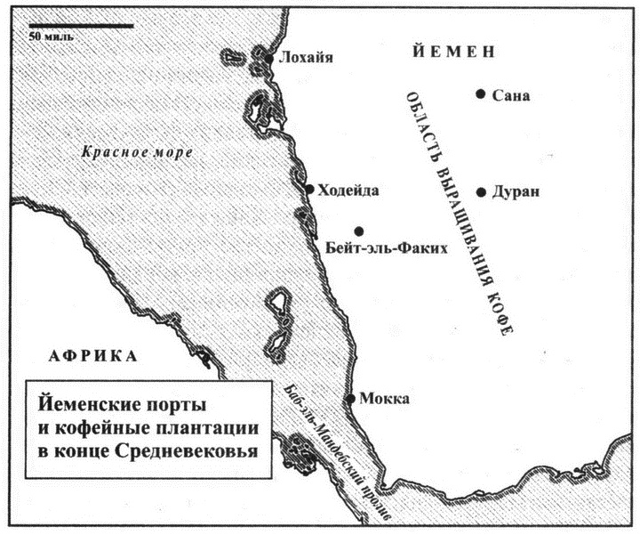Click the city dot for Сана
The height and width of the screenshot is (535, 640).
tap(480, 93)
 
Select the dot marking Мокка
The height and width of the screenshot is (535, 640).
tap(352, 398)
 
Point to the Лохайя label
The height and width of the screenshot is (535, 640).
tap(305, 59)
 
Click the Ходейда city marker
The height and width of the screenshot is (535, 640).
tap(309, 189)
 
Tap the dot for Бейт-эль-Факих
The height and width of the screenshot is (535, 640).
tap(358, 231)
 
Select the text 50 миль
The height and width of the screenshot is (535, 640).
tap(51, 37)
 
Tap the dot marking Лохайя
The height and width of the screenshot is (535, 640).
tap(268, 60)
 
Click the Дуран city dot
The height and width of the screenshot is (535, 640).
tap(480, 192)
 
